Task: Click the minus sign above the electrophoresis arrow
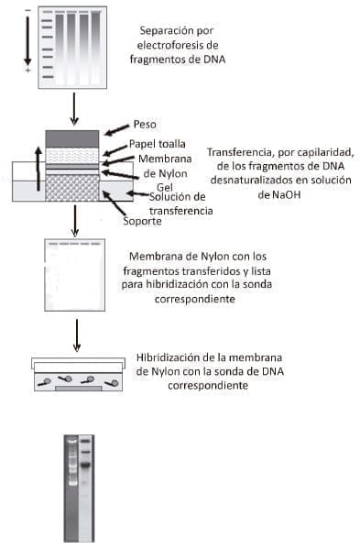(x=27, y=9)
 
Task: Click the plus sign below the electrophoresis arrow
(x=27, y=71)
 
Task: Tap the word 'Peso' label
(x=146, y=124)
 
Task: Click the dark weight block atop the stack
(x=71, y=138)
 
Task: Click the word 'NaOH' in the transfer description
(x=276, y=195)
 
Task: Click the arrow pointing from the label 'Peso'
(x=116, y=129)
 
